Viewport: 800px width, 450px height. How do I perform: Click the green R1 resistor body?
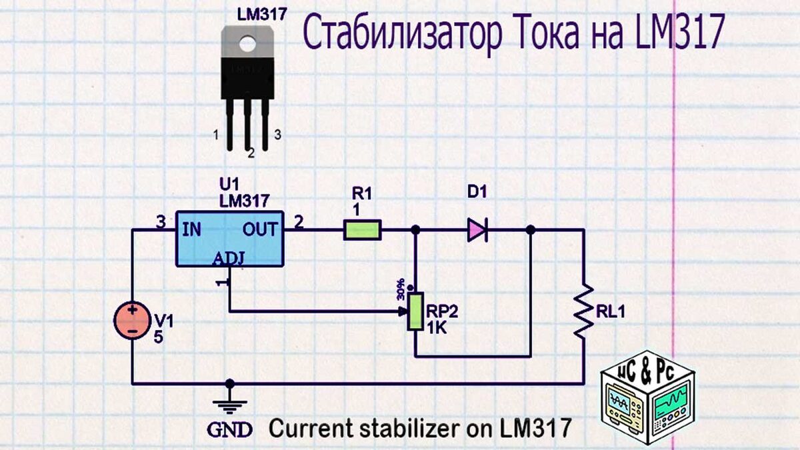tap(363, 230)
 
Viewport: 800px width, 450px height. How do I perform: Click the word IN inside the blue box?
tap(191, 230)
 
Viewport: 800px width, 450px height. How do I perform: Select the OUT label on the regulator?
tap(260, 230)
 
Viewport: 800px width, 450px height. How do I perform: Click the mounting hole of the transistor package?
tap(248, 44)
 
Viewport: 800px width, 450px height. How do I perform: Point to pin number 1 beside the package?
tap(216, 135)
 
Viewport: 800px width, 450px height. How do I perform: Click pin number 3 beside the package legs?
tap(278, 135)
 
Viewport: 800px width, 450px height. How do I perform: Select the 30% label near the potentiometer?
tap(401, 288)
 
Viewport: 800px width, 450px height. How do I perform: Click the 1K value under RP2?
tap(437, 327)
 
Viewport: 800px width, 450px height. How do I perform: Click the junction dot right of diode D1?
tap(530, 230)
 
